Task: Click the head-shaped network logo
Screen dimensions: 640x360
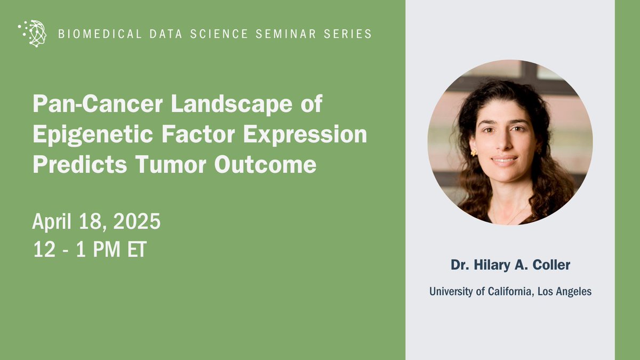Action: pos(33,33)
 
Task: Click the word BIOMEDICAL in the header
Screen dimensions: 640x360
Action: pos(100,34)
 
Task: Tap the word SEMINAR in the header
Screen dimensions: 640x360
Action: pos(286,34)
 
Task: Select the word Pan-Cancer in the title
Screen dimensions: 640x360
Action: pos(98,103)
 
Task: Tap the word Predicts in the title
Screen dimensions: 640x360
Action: pos(79,165)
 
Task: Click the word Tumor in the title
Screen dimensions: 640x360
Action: pos(171,165)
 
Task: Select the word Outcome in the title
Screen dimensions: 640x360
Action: pos(265,165)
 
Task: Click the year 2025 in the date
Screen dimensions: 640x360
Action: pos(137,221)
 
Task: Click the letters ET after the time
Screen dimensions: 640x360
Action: pos(137,250)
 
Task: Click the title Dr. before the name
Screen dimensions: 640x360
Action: pos(460,265)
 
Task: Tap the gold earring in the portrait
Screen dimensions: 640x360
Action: pos(474,153)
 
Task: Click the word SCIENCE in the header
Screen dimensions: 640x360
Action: pos(219,34)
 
